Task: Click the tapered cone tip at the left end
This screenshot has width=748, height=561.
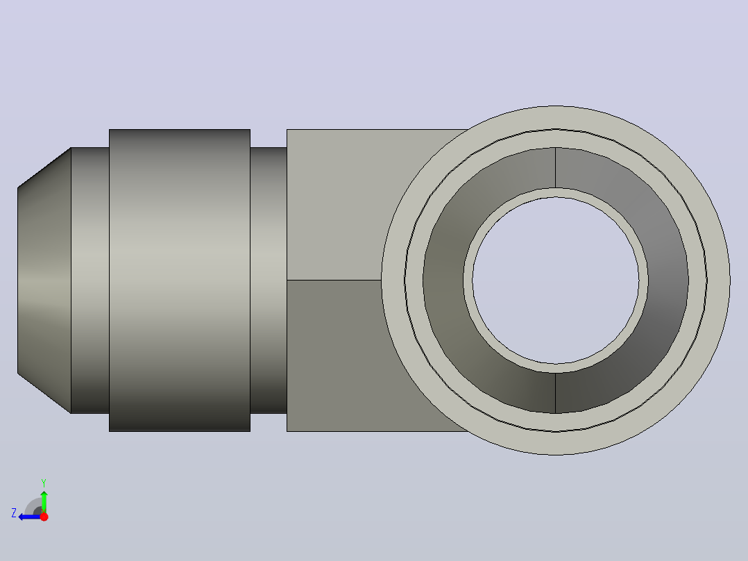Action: point(44,280)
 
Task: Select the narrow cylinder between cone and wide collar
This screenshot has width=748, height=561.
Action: point(90,280)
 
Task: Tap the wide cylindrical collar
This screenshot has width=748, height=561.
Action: point(180,280)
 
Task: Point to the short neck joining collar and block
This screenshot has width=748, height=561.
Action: point(269,280)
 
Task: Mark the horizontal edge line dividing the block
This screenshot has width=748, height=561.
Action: point(334,280)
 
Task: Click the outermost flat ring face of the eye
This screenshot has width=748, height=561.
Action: point(556,117)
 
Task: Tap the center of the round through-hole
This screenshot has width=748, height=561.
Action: point(556,280)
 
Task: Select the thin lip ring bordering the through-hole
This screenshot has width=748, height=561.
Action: point(556,192)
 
